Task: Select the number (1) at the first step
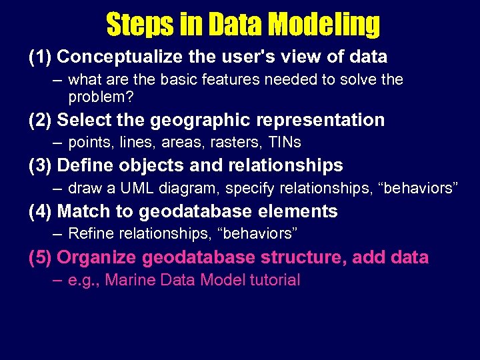40,57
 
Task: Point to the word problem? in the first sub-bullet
101,97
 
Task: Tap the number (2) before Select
40,120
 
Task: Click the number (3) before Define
40,165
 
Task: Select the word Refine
92,234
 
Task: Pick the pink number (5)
40,257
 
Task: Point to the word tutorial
275,280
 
